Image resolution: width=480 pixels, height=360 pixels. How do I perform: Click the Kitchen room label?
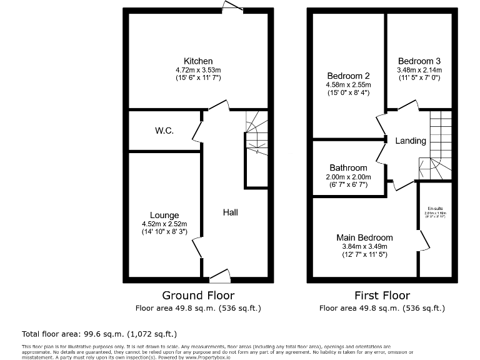coord(198,61)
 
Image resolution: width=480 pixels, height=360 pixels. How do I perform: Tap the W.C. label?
coord(164,131)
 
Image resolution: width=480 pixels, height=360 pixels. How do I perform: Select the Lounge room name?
coord(164,215)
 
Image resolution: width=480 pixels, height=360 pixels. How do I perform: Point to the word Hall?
coord(230,212)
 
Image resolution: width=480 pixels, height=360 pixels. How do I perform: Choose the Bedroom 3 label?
coord(419,61)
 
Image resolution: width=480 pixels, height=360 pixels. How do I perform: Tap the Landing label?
coord(411,141)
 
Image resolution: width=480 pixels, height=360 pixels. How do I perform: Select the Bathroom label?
coord(348,168)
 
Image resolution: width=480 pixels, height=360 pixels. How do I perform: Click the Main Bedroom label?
coord(364,237)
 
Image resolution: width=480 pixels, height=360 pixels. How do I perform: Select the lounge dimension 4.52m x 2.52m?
coord(164,224)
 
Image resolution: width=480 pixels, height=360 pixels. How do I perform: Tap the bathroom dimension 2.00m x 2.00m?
coord(348,177)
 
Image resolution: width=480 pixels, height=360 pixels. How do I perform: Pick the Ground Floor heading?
coord(198,295)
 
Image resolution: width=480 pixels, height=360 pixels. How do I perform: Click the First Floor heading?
coord(382,295)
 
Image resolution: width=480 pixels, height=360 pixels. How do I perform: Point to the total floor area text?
coord(100,333)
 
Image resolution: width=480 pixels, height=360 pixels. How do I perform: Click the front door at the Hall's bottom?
coord(219,276)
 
